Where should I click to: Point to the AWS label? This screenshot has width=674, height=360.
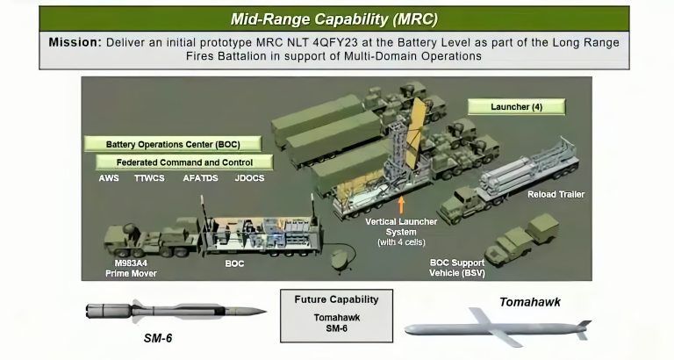tap(109, 178)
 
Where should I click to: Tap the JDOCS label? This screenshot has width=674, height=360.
tap(249, 178)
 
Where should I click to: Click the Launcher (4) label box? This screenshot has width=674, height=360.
tap(515, 107)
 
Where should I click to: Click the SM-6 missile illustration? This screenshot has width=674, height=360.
tap(176, 311)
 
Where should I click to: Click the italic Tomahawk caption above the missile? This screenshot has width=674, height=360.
tap(530, 303)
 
